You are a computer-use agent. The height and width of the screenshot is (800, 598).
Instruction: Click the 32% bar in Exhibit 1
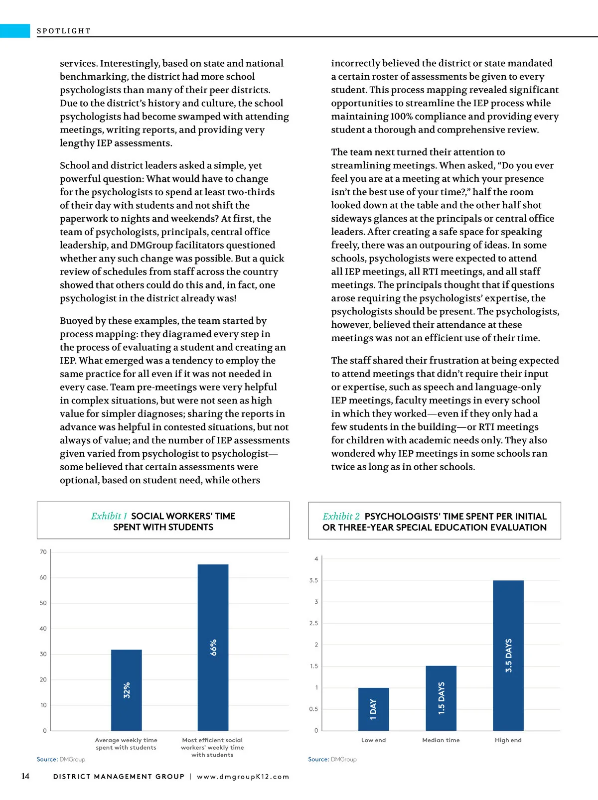[126, 690]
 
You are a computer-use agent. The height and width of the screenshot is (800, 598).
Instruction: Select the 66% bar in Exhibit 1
[213, 647]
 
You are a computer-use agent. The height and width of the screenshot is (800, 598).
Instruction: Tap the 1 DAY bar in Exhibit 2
[373, 709]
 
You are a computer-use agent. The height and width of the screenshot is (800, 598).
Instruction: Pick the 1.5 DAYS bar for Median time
[441, 698]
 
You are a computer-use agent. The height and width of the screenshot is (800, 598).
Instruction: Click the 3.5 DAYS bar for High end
[508, 655]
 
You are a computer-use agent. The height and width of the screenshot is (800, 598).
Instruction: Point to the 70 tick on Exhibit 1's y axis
[43, 552]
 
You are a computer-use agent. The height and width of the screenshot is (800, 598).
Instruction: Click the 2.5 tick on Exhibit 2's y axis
[313, 623]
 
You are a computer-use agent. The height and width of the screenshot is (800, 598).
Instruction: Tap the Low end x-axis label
[373, 740]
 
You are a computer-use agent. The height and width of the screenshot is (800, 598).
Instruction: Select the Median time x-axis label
[441, 740]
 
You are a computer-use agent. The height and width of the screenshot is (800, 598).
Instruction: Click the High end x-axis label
[508, 740]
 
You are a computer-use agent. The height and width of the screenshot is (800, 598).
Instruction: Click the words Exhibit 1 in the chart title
[109, 516]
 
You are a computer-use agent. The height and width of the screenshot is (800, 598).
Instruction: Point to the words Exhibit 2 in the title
[341, 517]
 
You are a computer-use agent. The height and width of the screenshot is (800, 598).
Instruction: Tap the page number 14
[25, 776]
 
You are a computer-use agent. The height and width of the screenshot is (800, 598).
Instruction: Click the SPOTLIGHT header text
[64, 31]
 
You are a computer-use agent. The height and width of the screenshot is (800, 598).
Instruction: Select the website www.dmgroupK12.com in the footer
[243, 777]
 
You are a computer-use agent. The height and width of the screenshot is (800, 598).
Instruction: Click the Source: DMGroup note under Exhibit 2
[332, 759]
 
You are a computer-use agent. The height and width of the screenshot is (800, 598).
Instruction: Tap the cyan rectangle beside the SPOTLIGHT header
[15, 30]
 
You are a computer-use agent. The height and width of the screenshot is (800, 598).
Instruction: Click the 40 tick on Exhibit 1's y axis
[43, 629]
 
